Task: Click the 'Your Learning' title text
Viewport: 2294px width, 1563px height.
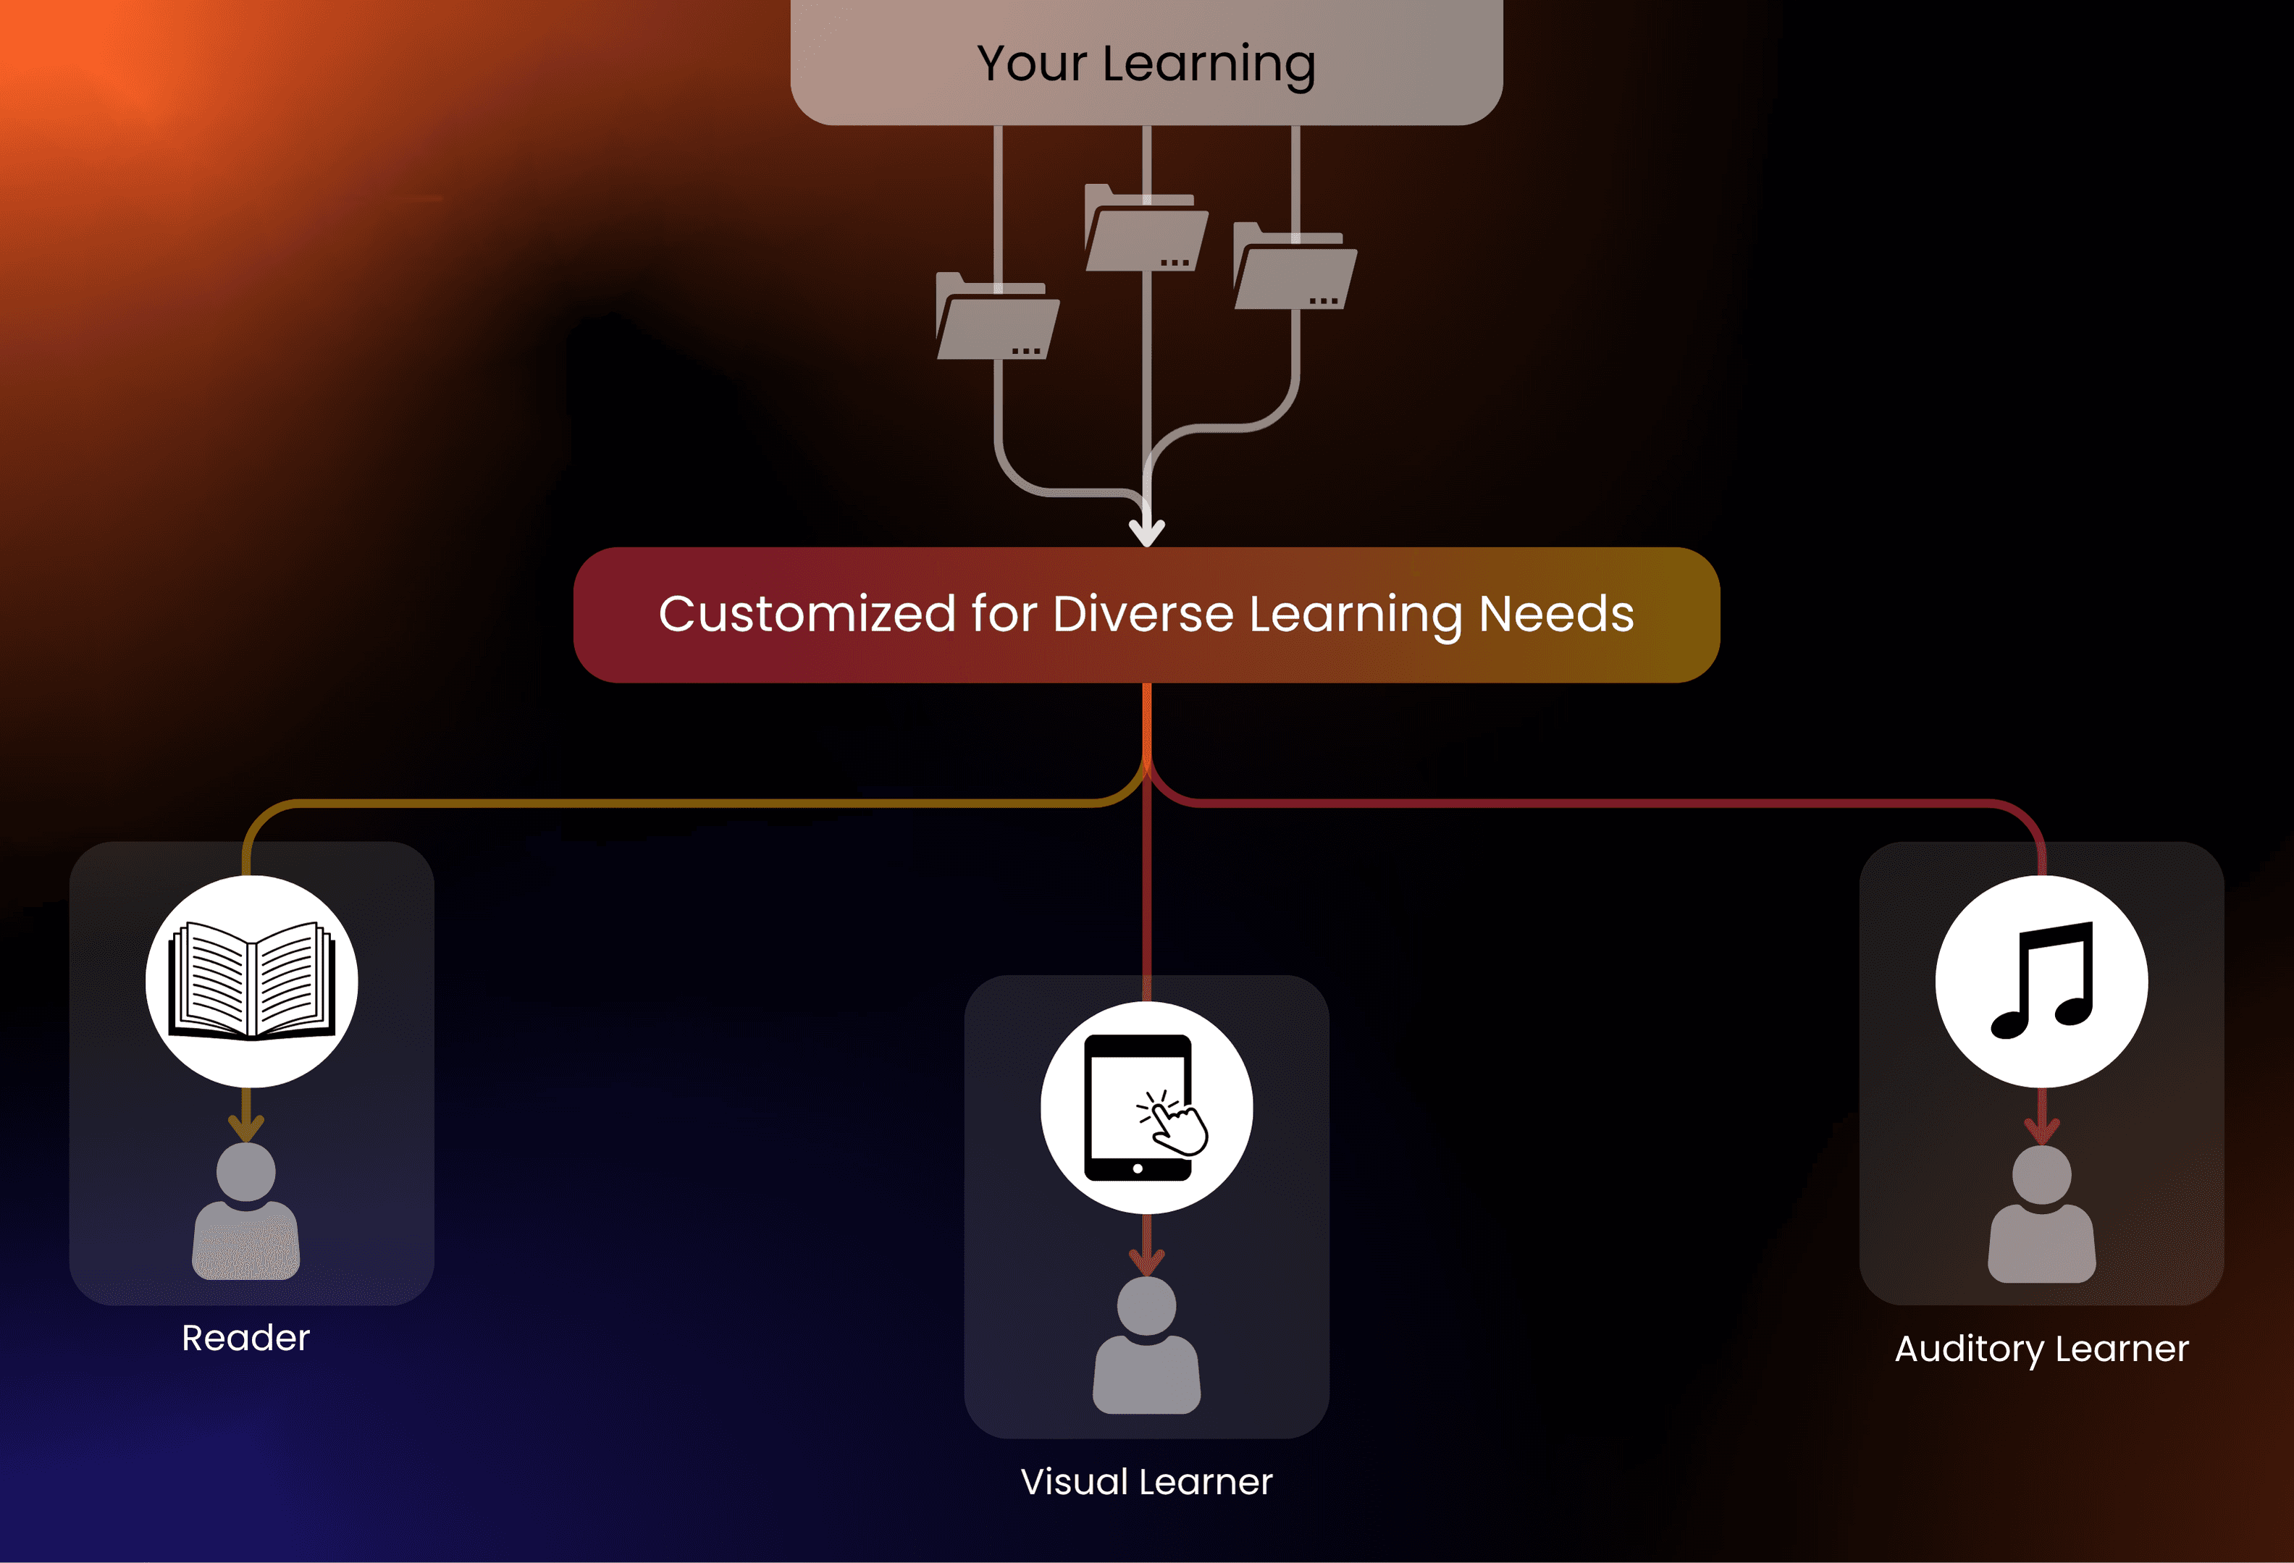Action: point(1146,65)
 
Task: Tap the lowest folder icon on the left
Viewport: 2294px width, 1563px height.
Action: point(997,316)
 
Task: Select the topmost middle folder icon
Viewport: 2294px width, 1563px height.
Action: point(1146,227)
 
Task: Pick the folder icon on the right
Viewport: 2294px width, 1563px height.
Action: point(1295,266)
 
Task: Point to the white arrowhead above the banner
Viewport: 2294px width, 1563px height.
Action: point(1147,533)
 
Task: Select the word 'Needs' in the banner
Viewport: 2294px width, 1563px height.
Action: point(1557,614)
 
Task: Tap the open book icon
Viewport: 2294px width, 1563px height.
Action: point(252,981)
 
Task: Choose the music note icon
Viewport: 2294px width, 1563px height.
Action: point(2042,981)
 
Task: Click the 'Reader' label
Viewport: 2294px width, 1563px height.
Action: point(245,1338)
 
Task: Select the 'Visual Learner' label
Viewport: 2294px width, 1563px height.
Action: point(1147,1482)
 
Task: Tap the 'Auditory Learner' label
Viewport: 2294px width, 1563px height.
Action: point(2042,1349)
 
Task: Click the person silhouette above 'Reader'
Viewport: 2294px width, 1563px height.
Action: point(245,1212)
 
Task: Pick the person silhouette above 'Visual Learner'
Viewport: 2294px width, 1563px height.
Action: point(1147,1346)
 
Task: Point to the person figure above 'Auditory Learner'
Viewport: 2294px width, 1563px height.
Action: point(2042,1215)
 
